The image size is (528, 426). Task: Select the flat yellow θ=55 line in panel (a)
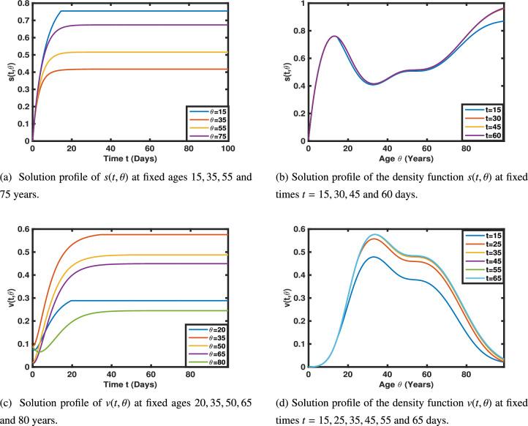(x=146, y=52)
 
